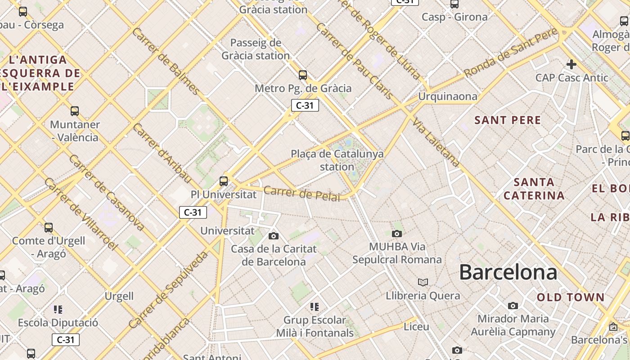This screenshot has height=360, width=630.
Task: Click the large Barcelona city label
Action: [508, 273]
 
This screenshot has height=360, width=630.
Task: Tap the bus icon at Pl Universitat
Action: [224, 181]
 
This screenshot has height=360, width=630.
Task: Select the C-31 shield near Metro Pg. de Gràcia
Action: [305, 106]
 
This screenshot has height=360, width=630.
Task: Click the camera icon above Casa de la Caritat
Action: [273, 236]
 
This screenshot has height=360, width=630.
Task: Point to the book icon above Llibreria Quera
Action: [423, 282]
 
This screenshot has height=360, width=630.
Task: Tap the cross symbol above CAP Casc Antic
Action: [571, 64]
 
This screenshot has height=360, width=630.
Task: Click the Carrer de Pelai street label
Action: [301, 193]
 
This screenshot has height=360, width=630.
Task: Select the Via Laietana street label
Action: [436, 143]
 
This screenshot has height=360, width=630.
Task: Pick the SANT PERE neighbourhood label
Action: [508, 120]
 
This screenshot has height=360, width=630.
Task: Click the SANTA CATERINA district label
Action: [534, 189]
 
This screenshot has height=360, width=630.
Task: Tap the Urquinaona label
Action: [447, 96]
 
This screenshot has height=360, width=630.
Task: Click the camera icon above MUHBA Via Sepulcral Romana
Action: [396, 234]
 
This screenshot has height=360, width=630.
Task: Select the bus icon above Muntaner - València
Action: [75, 111]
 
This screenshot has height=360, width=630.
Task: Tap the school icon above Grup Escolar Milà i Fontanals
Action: [315, 307]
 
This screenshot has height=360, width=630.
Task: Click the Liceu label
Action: [416, 326]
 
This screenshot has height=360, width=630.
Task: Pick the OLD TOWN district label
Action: [571, 297]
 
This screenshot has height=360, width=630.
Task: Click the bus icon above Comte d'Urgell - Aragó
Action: [49, 228]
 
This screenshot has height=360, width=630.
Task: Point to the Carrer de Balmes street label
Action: [166, 61]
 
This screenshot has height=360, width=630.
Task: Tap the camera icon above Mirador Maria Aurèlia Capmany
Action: [513, 306]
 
